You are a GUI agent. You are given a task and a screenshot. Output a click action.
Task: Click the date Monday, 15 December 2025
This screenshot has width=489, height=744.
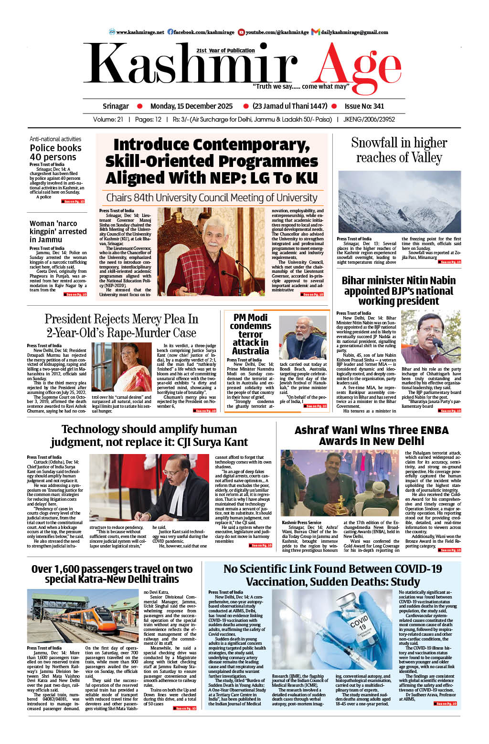[x=191, y=106]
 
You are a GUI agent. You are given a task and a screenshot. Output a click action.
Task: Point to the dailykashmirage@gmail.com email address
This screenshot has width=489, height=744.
[x=354, y=32]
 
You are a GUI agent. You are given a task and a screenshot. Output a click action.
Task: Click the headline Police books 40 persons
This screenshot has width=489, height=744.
[x=55, y=153]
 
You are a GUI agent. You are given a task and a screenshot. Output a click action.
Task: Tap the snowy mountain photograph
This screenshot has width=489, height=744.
[x=399, y=201]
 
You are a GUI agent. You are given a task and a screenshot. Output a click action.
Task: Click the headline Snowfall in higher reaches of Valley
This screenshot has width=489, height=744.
[x=399, y=150]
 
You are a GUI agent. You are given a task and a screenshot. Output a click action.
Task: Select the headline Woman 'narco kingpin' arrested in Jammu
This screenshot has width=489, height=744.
[x=58, y=231]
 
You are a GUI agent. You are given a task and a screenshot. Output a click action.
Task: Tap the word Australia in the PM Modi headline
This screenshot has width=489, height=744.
[x=250, y=351]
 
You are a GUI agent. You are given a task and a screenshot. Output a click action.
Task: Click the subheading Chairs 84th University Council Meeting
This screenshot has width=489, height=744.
[x=212, y=197]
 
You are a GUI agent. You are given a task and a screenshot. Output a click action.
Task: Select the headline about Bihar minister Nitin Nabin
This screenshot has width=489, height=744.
[x=399, y=290]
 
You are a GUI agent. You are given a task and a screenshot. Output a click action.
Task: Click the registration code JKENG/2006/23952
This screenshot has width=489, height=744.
[x=369, y=120]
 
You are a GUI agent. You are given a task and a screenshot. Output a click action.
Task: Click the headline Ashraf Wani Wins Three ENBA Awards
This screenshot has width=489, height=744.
[x=372, y=435]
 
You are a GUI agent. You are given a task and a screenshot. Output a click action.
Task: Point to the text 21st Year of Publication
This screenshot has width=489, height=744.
[x=225, y=51]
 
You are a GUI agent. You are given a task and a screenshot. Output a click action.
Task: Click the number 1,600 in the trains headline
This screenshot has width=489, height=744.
[x=64, y=569]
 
